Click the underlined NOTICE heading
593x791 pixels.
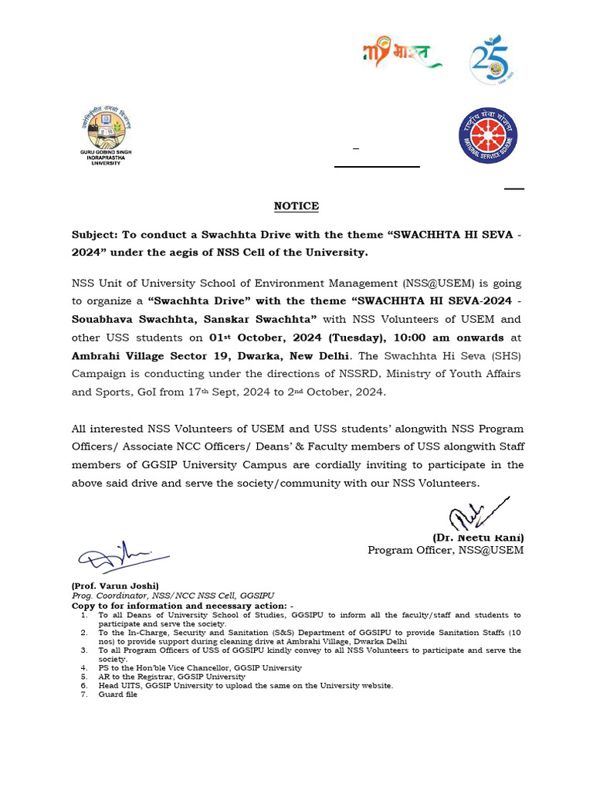[296, 206]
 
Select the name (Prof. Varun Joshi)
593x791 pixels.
[115, 586]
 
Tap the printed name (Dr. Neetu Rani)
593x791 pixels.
[477, 538]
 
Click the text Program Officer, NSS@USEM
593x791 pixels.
[445, 550]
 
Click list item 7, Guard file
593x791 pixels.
[117, 694]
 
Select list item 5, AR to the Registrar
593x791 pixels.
[171, 677]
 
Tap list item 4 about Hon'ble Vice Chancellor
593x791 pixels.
[199, 667]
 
